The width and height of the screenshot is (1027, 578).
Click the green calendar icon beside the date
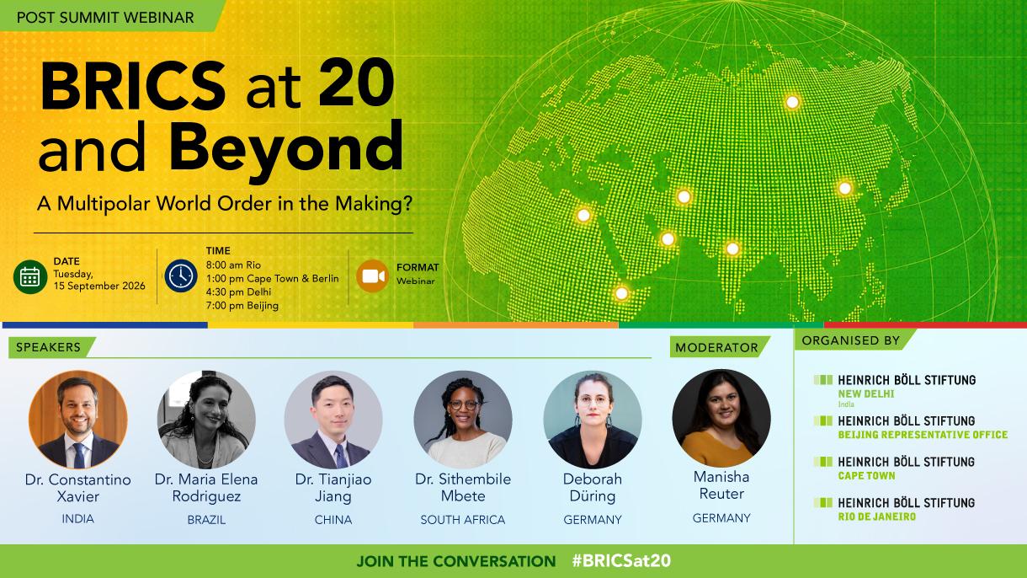[30, 276]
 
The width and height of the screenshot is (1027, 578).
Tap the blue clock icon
[181, 276]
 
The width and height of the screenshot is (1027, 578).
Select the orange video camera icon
[372, 276]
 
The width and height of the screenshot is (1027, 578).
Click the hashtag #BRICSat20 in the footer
[621, 560]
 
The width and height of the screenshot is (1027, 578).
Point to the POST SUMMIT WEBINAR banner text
[105, 18]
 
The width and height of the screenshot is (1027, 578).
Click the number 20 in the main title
[356, 84]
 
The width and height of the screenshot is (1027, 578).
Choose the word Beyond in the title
[286, 147]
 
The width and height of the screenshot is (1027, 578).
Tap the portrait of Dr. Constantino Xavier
[78, 420]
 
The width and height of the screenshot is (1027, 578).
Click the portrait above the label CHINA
[333, 420]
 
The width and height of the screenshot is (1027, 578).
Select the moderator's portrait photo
[721, 418]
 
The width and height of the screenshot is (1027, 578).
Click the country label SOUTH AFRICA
[463, 520]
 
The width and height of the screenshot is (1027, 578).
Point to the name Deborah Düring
[593, 487]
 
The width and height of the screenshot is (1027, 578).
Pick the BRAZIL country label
[206, 520]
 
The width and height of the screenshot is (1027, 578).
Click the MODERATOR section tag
[716, 348]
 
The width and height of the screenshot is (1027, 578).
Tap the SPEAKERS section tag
[48, 347]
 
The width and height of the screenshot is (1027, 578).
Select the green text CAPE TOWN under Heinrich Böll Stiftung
[866, 476]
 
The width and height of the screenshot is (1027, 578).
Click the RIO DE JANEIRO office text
[877, 516]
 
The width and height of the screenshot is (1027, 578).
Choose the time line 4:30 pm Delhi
[238, 292]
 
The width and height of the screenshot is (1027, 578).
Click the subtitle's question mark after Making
[407, 203]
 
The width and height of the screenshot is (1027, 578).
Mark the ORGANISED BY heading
[850, 340]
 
